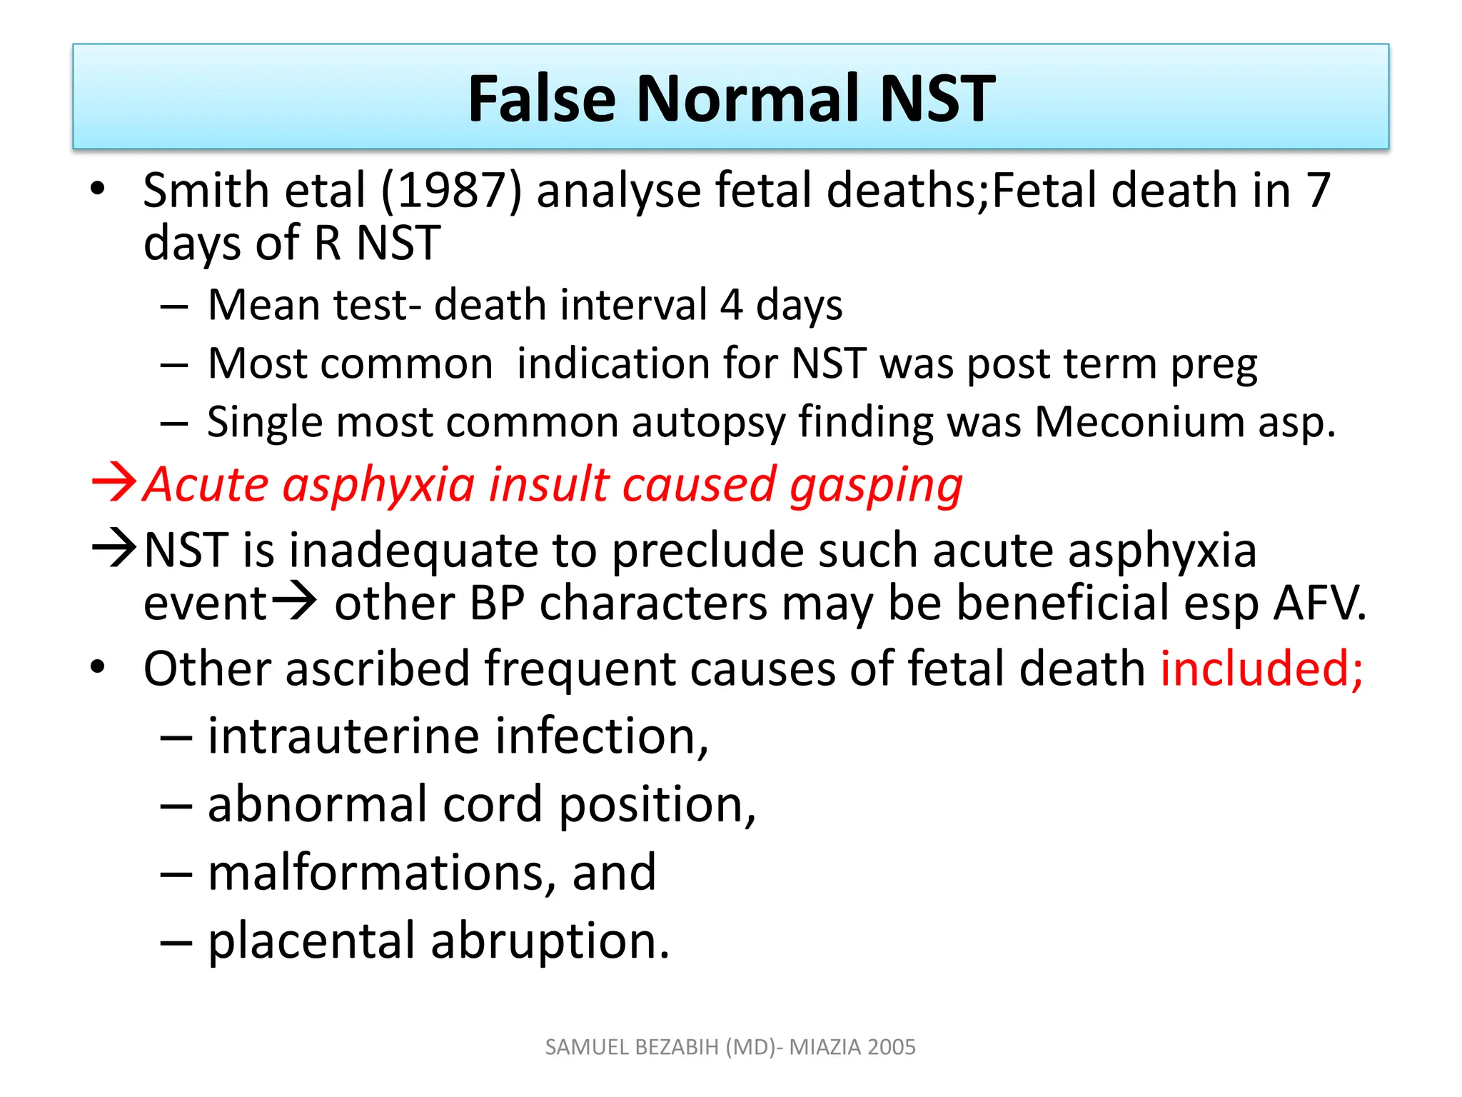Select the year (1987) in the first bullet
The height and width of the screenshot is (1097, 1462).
pyautogui.click(x=451, y=191)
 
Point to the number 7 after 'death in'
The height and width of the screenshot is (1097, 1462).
pyautogui.click(x=1318, y=191)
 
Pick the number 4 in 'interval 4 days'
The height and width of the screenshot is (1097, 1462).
pyautogui.click(x=731, y=305)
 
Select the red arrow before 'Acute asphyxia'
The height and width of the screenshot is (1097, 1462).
pyautogui.click(x=114, y=483)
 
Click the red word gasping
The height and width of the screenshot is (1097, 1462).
pyautogui.click(x=876, y=486)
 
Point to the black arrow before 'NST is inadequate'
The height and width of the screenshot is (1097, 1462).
pyautogui.click(x=114, y=548)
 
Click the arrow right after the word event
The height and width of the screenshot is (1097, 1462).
pyautogui.click(x=294, y=601)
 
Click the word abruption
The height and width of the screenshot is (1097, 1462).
pyautogui.click(x=550, y=941)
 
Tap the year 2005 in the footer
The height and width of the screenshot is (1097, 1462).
pyautogui.click(x=892, y=1047)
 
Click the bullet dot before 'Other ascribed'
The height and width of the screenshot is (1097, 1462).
pyautogui.click(x=98, y=667)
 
